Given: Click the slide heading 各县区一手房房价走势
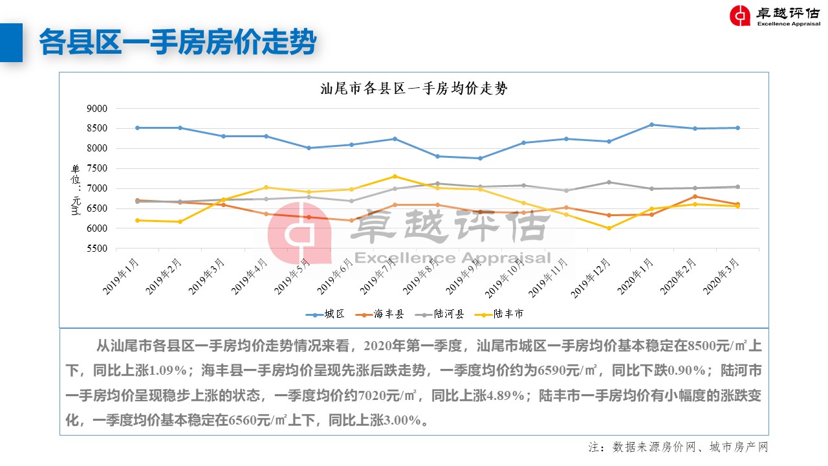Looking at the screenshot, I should point(177,43).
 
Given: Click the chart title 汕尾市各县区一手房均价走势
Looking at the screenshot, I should point(414,89).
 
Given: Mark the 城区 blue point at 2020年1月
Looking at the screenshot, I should point(651,125).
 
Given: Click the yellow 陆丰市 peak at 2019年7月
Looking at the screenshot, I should point(395,176).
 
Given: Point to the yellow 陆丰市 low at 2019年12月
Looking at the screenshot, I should point(609,228).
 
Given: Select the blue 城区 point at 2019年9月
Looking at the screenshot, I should point(480,158).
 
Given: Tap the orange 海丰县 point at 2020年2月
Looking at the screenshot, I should point(695,196).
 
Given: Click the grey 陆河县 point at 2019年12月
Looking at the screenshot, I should point(609,182).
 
